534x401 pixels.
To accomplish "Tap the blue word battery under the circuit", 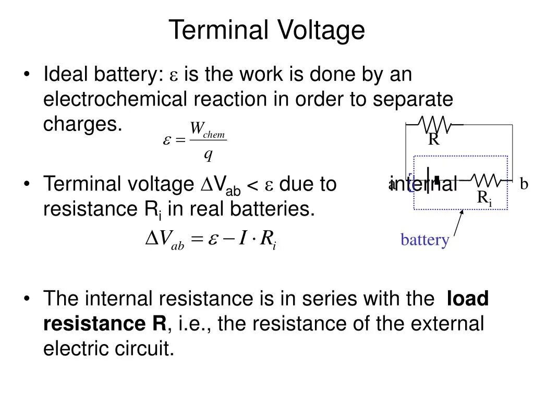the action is (424, 240).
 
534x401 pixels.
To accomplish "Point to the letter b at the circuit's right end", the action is (524, 184).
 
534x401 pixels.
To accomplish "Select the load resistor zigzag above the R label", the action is (435, 125).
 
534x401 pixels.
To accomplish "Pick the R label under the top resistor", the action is (434, 140).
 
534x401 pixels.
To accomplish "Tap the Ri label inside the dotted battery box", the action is (484, 198).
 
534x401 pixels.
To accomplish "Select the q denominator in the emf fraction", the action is (208, 154).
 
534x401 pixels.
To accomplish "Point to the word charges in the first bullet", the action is (82, 124).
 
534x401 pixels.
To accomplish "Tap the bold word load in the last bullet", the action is (468, 299).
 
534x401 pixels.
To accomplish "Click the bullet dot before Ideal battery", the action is (27, 75).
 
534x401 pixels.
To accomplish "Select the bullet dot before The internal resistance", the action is (27, 299).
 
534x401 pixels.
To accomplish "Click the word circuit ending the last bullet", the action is (148, 349).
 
